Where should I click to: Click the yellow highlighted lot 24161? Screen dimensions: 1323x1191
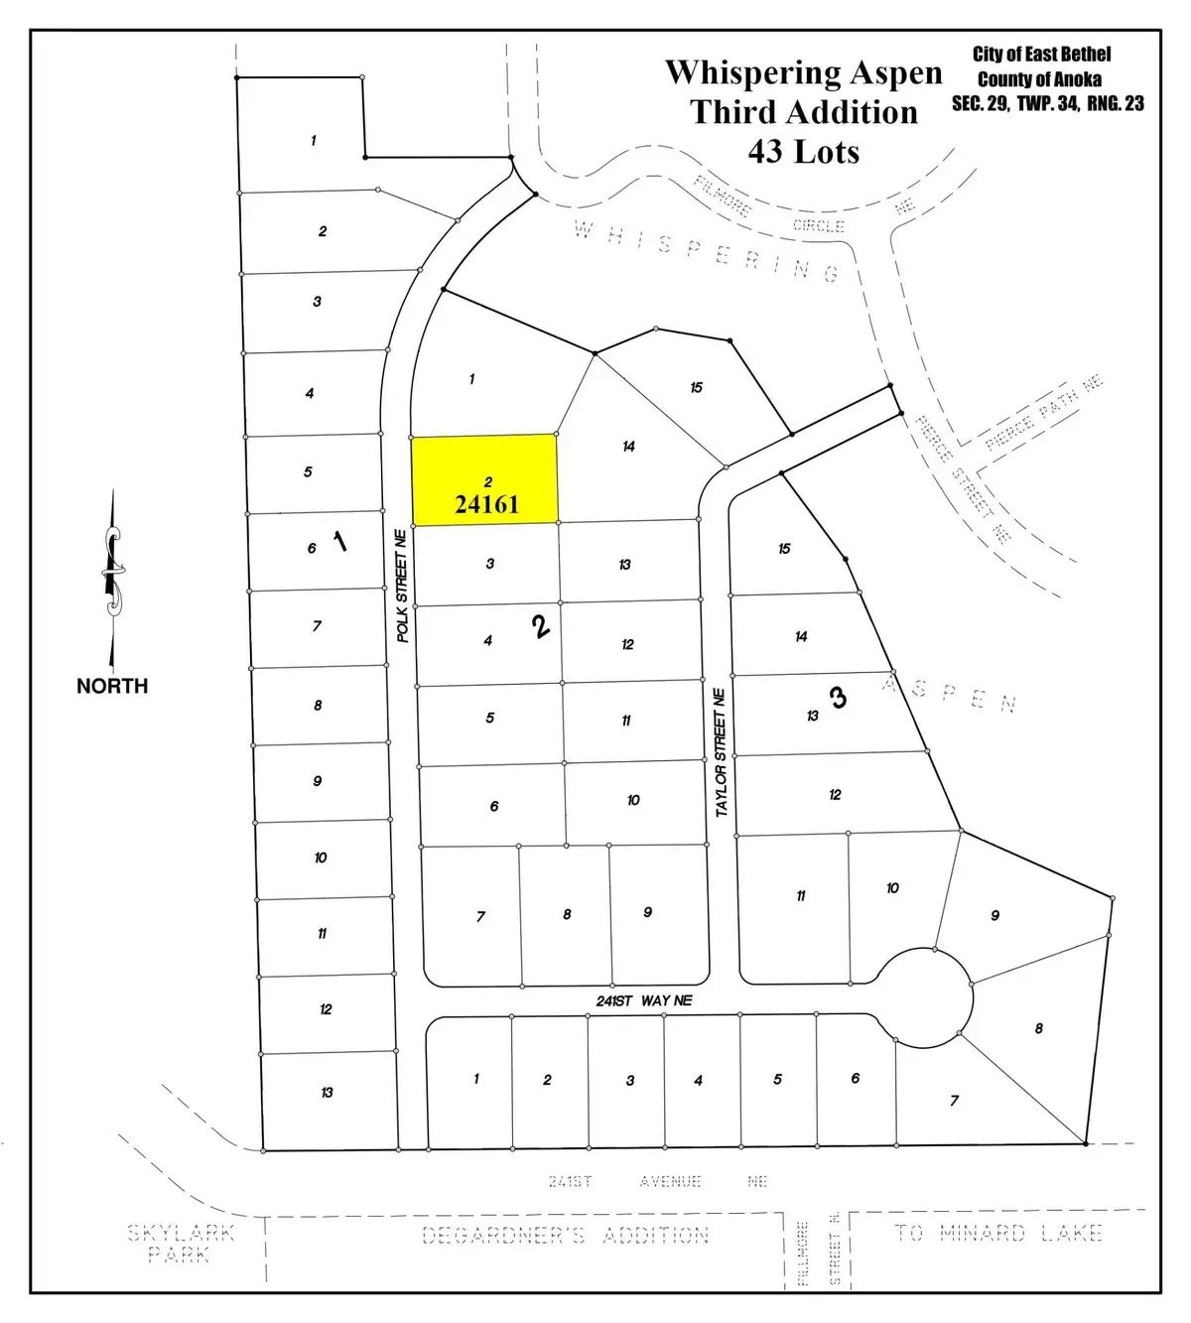(485, 480)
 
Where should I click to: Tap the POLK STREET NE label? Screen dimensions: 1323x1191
(402, 586)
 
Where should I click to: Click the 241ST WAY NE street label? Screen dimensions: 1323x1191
(644, 1000)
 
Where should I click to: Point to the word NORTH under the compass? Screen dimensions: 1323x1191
(112, 686)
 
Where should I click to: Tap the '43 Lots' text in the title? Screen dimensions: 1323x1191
(803, 151)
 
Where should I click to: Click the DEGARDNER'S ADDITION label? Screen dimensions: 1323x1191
(566, 1236)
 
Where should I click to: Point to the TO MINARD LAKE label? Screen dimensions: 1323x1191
(998, 1234)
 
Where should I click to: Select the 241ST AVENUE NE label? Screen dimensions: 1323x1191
(658, 1181)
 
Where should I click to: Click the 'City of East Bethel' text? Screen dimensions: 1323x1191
(1041, 55)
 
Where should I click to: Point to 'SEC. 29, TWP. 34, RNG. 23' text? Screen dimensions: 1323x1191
(1047, 103)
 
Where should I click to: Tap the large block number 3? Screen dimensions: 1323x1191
(839, 698)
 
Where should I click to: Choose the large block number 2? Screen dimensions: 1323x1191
(541, 626)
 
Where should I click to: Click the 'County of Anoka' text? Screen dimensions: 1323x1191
(1039, 79)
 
